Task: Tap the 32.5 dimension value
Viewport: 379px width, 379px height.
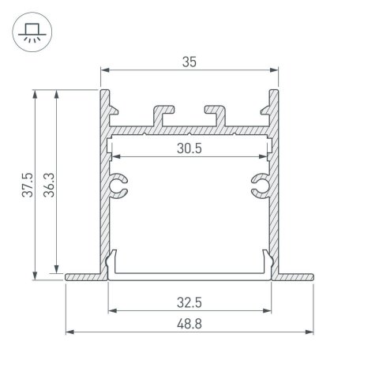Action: pyautogui.click(x=189, y=301)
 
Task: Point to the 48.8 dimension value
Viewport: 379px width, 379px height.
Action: pyautogui.click(x=189, y=323)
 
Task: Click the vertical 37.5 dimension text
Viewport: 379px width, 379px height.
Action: pyautogui.click(x=27, y=183)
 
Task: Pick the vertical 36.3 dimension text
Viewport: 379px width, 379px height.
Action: pyautogui.click(x=48, y=183)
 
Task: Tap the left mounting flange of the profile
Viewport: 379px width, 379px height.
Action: pyautogui.click(x=84, y=276)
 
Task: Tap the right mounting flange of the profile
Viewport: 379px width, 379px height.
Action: pyautogui.click(x=295, y=276)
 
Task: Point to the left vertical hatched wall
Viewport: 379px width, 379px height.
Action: pyautogui.click(x=103, y=189)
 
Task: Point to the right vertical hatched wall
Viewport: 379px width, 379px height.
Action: pyautogui.click(x=275, y=189)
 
